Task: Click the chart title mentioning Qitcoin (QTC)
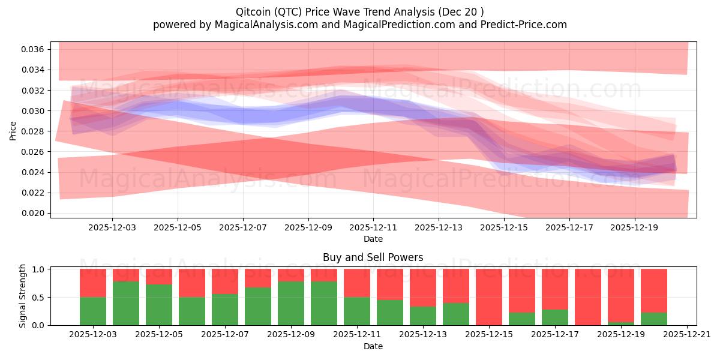tap(359, 11)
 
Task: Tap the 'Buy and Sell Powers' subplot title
tap(373, 257)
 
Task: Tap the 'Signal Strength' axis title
tap(23, 296)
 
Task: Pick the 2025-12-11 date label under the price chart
tap(373, 228)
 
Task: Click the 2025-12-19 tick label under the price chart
tap(635, 228)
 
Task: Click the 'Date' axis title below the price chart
tap(373, 239)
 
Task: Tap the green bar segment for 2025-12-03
tap(93, 311)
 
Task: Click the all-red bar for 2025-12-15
tap(489, 297)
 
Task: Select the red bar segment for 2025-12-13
tap(423, 287)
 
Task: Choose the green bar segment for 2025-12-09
tap(291, 303)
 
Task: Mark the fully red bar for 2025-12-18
tap(588, 297)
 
